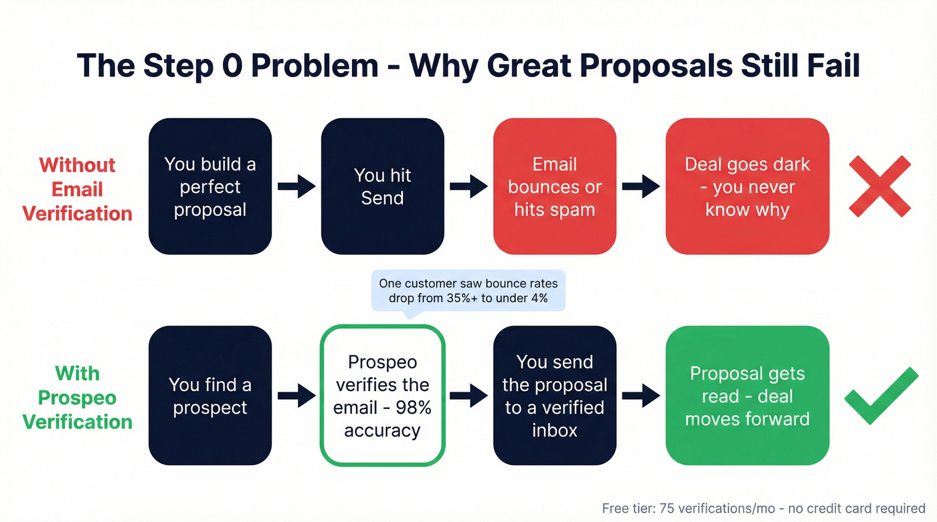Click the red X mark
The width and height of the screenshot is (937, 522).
tap(879, 186)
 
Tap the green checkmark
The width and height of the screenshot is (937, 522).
tap(881, 396)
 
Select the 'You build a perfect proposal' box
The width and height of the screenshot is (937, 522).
tap(210, 186)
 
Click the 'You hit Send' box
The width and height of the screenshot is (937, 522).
tap(382, 186)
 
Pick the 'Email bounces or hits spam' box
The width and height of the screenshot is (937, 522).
tap(554, 186)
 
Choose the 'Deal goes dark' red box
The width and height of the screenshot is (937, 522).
tap(747, 186)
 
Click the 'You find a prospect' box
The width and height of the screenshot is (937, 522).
tap(210, 396)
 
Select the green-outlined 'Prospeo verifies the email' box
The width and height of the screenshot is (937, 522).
tap(382, 396)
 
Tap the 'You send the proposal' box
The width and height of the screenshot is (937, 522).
tap(554, 396)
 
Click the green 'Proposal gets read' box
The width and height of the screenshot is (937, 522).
tap(747, 396)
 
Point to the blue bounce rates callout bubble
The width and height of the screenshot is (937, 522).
tap(468, 290)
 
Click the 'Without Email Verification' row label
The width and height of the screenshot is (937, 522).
tap(77, 189)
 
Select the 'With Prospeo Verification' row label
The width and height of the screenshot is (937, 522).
tap(77, 398)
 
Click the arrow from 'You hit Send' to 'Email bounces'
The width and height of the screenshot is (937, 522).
tap(468, 187)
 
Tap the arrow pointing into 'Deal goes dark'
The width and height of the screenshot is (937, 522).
tap(641, 187)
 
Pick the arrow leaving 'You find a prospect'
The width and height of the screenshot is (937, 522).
tap(296, 396)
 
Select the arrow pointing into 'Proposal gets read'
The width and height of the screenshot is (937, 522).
tap(641, 396)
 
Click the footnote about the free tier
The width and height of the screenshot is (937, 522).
tap(763, 509)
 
